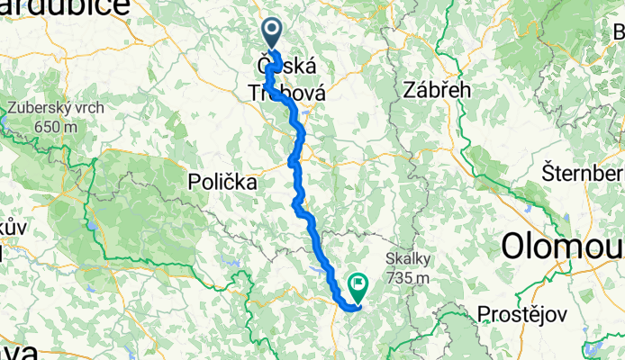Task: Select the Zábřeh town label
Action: [x=433, y=91]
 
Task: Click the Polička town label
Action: [x=222, y=182]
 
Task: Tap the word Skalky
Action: [x=409, y=259]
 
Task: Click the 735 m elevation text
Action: [x=409, y=278]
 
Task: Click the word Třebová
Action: [x=285, y=92]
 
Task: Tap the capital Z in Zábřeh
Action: [x=411, y=91]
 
